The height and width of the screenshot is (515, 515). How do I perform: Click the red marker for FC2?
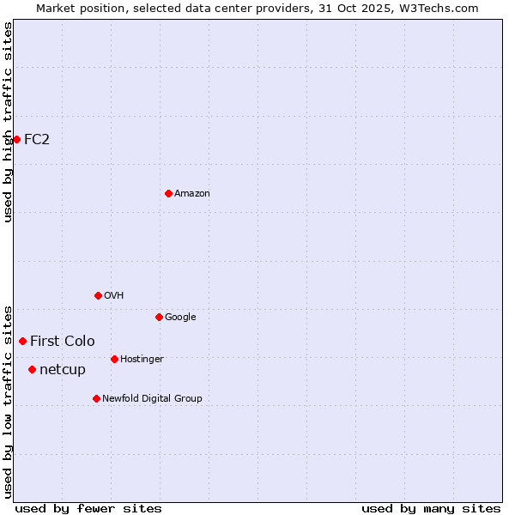[16, 139]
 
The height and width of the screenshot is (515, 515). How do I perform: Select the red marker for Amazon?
[168, 193]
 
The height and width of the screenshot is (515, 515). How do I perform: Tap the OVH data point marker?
[98, 295]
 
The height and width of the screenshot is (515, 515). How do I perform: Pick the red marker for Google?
[159, 317]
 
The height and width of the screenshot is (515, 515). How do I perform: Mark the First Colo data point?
[22, 341]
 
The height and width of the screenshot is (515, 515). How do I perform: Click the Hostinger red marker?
[114, 359]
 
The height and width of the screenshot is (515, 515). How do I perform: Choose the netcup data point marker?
[32, 369]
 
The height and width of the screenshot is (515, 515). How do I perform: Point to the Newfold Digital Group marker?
[96, 398]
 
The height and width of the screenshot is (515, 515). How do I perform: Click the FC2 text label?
[37, 139]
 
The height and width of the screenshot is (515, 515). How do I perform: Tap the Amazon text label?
[192, 193]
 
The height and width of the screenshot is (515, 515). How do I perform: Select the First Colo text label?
[63, 341]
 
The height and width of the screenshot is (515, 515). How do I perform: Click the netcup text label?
[63, 369]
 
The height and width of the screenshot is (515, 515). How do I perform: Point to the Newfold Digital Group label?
[152, 398]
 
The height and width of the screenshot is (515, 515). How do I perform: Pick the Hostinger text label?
[142, 359]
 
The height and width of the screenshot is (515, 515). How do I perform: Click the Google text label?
[180, 317]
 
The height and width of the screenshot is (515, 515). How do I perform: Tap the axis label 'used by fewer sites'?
[88, 508]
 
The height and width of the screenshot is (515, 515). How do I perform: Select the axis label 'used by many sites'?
[431, 508]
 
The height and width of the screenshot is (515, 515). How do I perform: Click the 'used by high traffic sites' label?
[8, 122]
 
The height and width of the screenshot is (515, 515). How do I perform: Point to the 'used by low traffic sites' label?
[8, 401]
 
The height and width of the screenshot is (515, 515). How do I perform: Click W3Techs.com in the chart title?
[439, 8]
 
